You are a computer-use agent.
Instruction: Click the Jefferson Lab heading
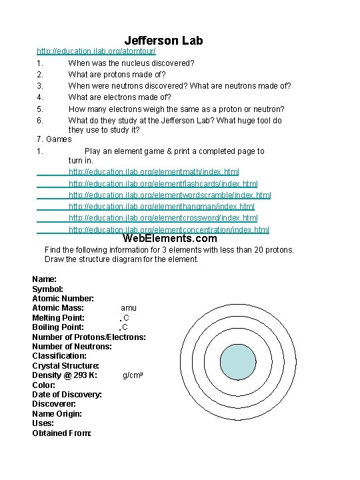(163, 41)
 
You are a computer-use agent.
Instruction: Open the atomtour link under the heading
(96, 51)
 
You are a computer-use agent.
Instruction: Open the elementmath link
(153, 173)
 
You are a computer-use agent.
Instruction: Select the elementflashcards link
(163, 184)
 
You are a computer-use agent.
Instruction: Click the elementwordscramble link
(169, 195)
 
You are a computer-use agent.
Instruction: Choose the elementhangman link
(161, 207)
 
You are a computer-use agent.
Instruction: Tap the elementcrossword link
(163, 218)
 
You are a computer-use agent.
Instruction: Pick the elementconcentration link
(169, 229)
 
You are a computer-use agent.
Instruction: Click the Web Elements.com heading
(170, 239)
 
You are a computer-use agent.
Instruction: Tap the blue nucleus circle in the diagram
(238, 363)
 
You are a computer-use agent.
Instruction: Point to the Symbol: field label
(48, 289)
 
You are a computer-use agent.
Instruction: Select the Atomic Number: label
(63, 299)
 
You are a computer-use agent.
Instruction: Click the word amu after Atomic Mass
(128, 308)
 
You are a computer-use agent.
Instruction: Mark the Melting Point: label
(58, 318)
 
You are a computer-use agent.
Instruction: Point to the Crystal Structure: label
(65, 366)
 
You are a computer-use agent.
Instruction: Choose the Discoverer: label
(54, 404)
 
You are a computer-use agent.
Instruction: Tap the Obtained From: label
(61, 433)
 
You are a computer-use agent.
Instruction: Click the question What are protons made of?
(117, 75)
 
